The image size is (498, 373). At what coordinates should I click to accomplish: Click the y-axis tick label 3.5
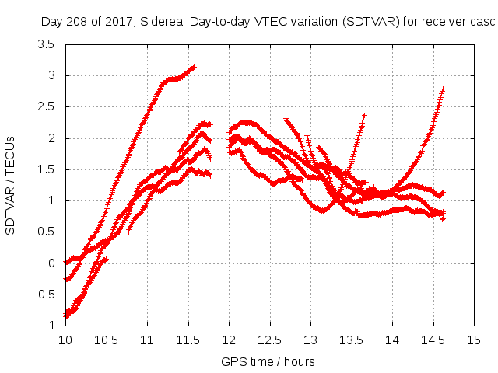tap(46, 44)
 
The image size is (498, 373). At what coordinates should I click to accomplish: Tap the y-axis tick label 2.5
tap(46, 106)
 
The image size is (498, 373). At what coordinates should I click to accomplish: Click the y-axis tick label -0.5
tap(44, 294)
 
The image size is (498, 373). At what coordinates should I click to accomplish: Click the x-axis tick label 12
tap(229, 340)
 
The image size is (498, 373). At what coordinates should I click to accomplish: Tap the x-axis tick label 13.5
tap(352, 340)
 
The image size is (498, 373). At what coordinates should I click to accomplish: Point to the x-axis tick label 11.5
tap(188, 340)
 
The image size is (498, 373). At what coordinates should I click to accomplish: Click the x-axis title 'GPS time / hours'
tap(268, 361)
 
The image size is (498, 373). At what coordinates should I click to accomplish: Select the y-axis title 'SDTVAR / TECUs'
tap(11, 185)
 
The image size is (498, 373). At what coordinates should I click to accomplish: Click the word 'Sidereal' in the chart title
tap(168, 22)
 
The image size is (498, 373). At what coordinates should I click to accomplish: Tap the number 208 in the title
tap(79, 22)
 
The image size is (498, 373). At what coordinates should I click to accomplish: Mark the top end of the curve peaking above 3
tap(194, 67)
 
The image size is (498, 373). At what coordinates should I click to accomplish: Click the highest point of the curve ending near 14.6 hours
tap(443, 89)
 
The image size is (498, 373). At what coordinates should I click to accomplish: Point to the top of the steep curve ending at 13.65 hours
tap(363, 115)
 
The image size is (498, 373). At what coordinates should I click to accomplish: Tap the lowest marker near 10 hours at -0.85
tap(67, 317)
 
